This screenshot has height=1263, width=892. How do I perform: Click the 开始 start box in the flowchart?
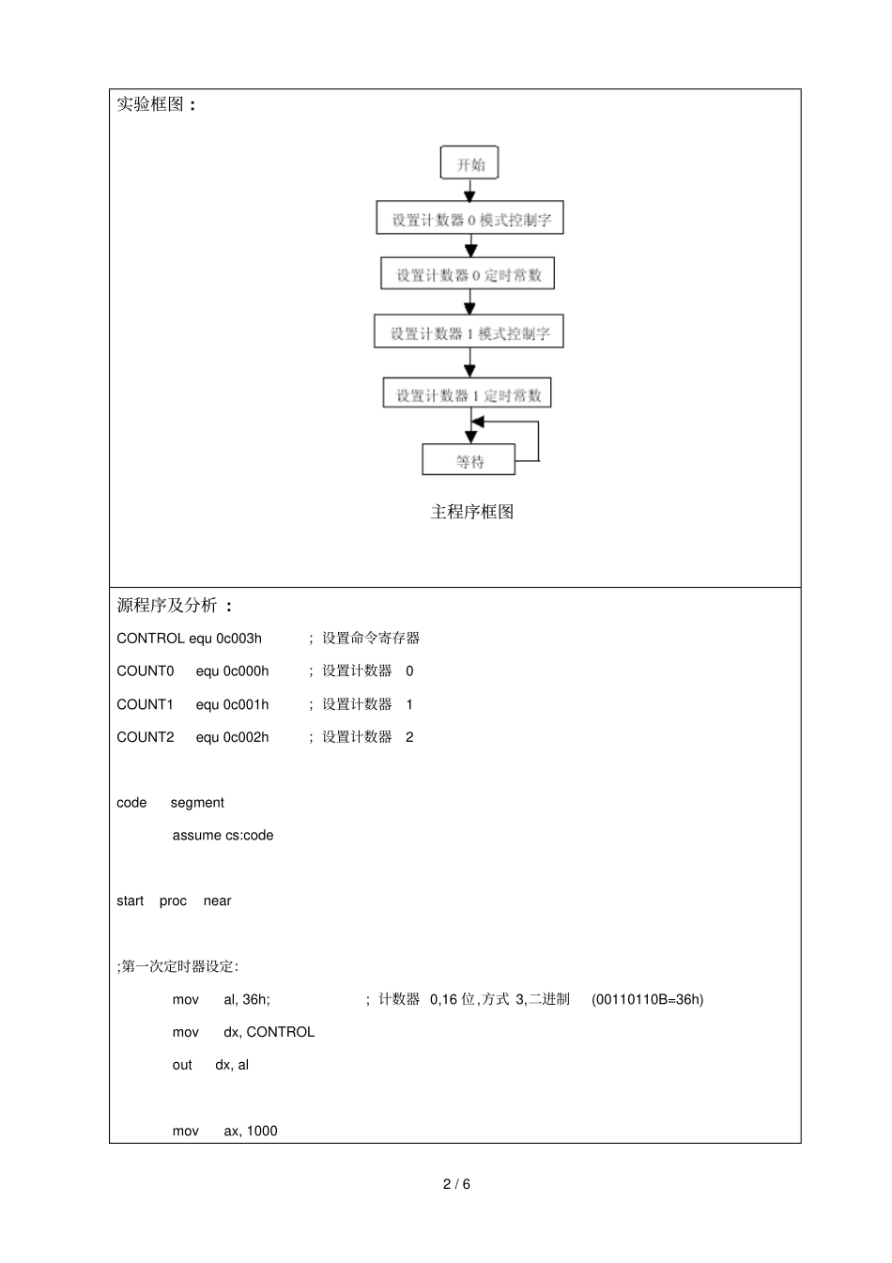(469, 163)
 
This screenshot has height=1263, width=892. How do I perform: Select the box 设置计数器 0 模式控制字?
(469, 219)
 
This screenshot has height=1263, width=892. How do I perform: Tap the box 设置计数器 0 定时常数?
(469, 274)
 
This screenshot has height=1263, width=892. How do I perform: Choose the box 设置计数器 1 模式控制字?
(469, 332)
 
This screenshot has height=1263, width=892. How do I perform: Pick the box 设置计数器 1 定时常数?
(468, 394)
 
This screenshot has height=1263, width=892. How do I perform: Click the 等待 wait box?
(469, 461)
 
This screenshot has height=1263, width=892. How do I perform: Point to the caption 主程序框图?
(472, 512)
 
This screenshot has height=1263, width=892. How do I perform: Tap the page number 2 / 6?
(456, 1184)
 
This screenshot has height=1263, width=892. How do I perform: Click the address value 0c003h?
(239, 639)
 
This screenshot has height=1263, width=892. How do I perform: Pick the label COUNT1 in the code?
(146, 704)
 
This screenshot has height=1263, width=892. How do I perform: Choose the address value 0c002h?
(246, 737)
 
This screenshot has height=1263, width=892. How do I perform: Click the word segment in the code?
(197, 803)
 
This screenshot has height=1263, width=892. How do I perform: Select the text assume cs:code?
(223, 835)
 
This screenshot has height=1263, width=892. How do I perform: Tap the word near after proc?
(217, 901)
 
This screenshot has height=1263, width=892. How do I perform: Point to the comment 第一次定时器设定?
(178, 966)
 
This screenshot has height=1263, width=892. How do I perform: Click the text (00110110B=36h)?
(647, 999)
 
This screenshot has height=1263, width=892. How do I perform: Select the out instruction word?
(182, 1065)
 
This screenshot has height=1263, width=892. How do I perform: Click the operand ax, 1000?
(251, 1131)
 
